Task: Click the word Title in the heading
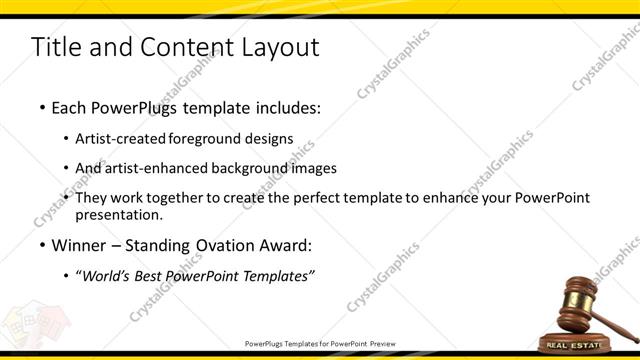coord(55,47)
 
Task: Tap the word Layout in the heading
coord(281,47)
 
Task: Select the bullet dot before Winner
coord(41,245)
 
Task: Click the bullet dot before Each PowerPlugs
coord(41,105)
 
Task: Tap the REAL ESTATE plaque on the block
coord(592,345)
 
